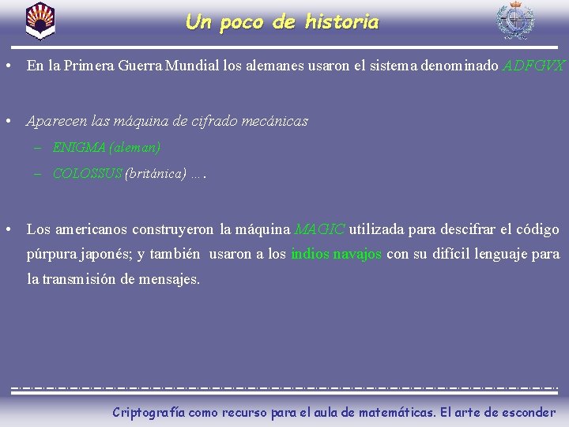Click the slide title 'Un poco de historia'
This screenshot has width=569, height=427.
coord(282,22)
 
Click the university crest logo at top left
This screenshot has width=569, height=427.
coord(40,21)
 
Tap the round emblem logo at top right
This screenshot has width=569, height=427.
coord(514,21)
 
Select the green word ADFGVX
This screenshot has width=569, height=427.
coord(534,66)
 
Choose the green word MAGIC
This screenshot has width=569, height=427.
coord(319,229)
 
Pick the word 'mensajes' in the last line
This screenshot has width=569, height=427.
coord(170,279)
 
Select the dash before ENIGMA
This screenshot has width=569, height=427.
coord(37,147)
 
